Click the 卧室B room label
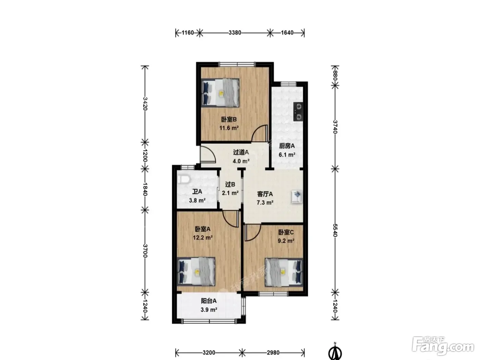[229, 119]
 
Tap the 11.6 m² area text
[229, 128]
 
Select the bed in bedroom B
[220, 93]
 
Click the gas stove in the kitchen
[298, 112]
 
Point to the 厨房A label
[287, 146]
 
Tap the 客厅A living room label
[265, 194]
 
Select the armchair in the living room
[297, 197]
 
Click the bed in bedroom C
[284, 272]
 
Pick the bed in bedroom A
[196, 272]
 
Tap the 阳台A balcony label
[208, 301]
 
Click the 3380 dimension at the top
[235, 33]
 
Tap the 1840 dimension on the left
[145, 189]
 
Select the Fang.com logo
[443, 346]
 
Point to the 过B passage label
[230, 184]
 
